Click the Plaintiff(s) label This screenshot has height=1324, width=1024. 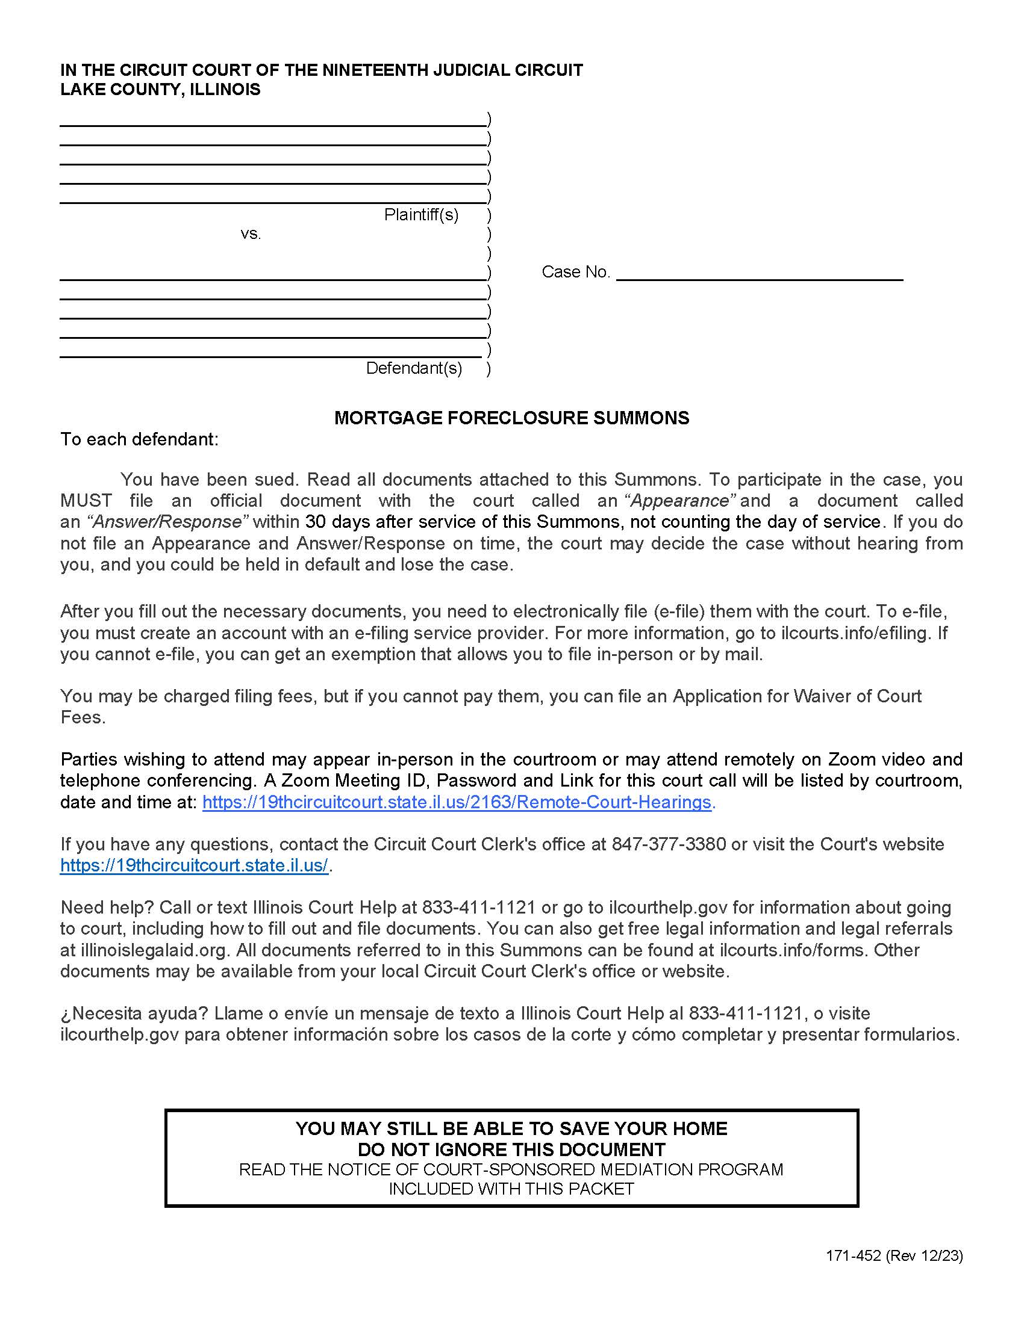tap(421, 215)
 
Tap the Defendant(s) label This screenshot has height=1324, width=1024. tap(414, 368)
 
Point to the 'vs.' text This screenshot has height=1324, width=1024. tap(251, 234)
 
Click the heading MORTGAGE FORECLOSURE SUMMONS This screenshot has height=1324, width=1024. tap(511, 418)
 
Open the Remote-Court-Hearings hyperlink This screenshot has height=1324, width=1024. tap(456, 802)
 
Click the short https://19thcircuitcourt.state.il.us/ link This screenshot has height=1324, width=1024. tap(194, 865)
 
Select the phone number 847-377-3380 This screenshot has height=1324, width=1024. tap(669, 844)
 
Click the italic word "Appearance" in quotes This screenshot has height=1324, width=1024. tap(681, 501)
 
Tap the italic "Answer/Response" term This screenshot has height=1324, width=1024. tap(167, 522)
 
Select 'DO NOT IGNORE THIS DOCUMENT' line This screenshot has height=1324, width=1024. tap(511, 1149)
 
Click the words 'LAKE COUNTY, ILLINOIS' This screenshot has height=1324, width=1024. tap(160, 90)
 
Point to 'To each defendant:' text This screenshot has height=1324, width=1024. tap(139, 439)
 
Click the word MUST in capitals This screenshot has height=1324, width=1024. tap(86, 501)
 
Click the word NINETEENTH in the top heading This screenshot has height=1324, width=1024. tap(373, 70)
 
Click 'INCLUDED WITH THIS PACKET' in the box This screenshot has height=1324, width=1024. tap(511, 1189)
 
